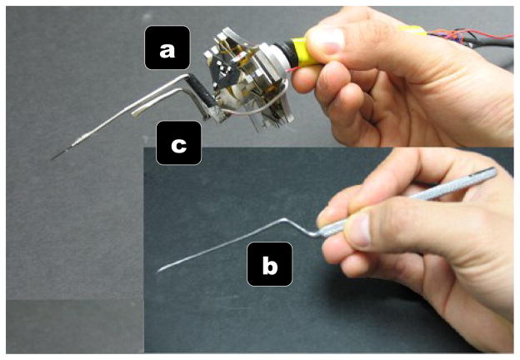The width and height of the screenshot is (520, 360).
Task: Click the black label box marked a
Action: (167, 47)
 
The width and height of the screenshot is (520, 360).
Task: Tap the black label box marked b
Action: (270, 264)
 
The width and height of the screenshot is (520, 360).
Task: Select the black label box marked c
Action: (178, 142)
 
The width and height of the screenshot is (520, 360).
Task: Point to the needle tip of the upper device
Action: (52, 159)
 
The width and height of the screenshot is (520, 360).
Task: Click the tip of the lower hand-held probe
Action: (157, 272)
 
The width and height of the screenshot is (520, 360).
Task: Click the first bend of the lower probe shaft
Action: (282, 219)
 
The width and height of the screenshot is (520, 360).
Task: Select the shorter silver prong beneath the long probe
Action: (159, 99)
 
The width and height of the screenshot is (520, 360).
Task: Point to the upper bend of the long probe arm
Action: (186, 77)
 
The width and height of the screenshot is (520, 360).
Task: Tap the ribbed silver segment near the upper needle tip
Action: (80, 139)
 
